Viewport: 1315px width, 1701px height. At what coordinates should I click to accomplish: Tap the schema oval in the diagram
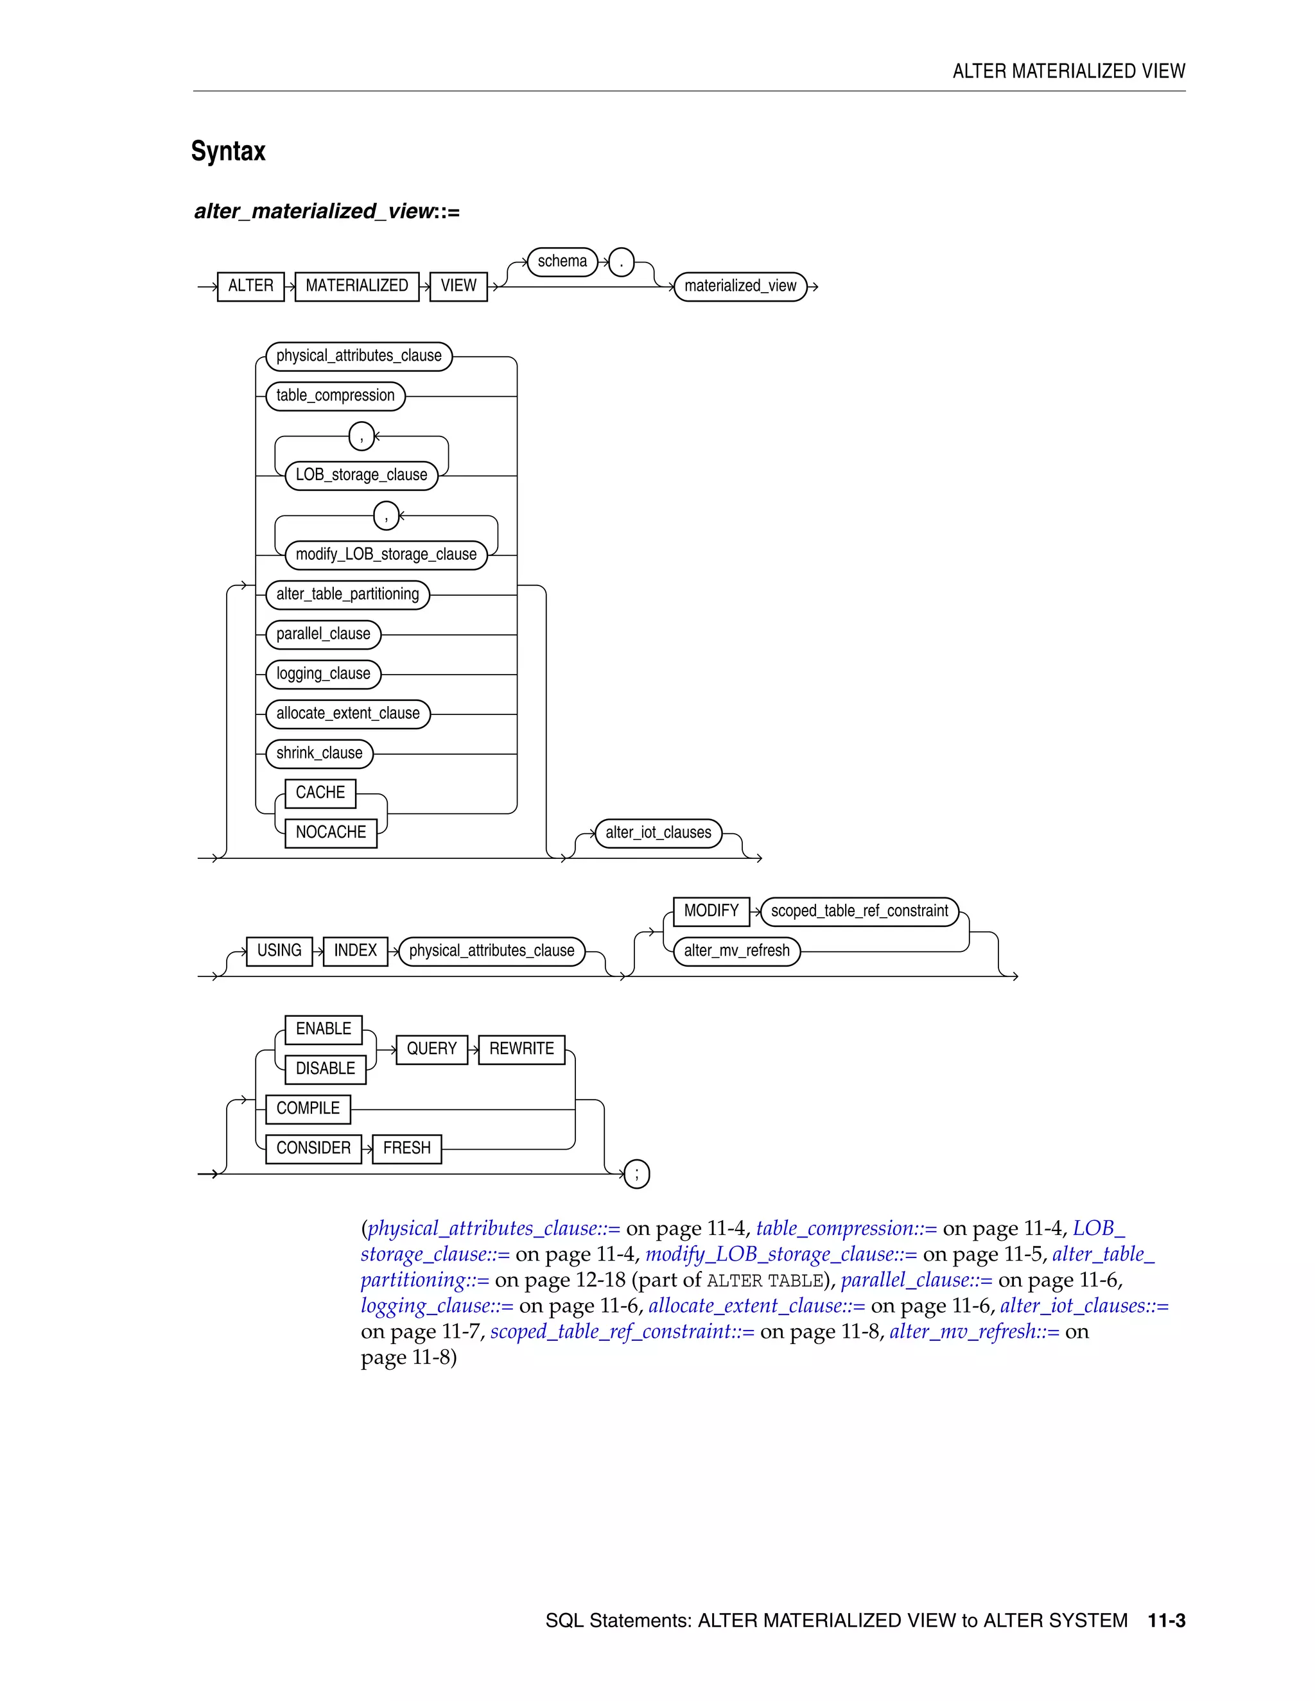[x=562, y=262]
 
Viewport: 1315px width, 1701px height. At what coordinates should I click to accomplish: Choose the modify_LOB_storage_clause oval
[x=386, y=555]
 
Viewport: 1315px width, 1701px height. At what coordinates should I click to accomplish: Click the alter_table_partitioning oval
[x=347, y=594]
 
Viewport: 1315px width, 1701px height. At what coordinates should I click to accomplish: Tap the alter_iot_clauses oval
[x=658, y=833]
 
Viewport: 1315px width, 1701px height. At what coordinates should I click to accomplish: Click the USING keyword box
[x=279, y=951]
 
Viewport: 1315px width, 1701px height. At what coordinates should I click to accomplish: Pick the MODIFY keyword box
[x=711, y=911]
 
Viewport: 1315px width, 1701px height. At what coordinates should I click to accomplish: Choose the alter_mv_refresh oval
[x=736, y=951]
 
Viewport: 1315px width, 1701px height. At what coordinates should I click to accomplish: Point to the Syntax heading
[x=228, y=151]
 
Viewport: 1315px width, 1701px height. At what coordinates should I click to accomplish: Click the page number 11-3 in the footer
[x=1166, y=1621]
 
